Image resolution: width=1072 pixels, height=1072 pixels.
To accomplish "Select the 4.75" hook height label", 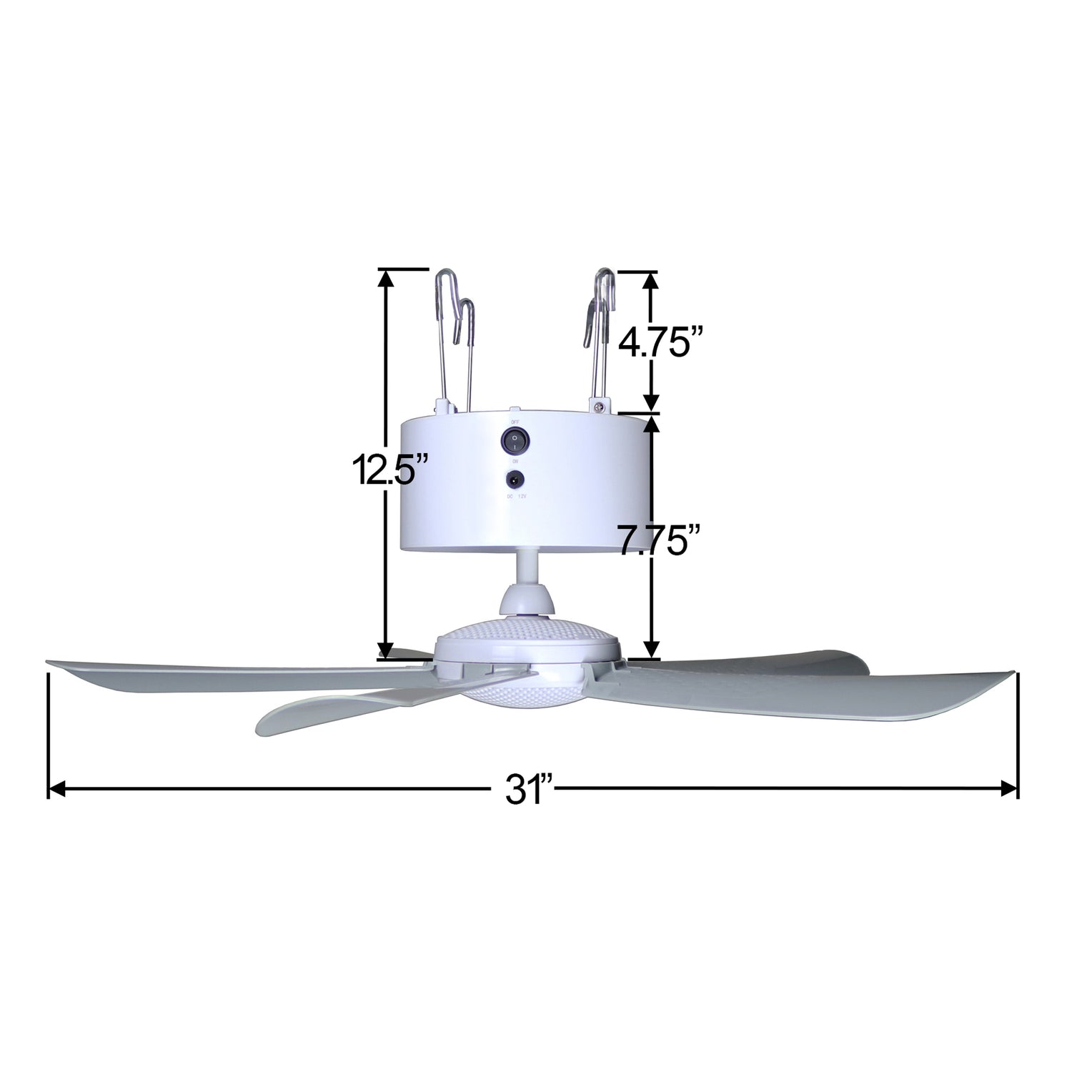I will (660, 342).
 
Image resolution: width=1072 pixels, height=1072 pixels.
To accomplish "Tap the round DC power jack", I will (514, 480).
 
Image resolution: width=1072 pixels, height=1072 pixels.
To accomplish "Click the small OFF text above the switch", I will (514, 421).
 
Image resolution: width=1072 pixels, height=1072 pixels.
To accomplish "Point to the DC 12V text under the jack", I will (515, 496).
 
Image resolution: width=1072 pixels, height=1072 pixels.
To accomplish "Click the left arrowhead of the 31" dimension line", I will (56, 789).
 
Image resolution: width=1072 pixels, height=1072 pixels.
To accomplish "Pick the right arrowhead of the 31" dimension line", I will (1009, 789).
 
